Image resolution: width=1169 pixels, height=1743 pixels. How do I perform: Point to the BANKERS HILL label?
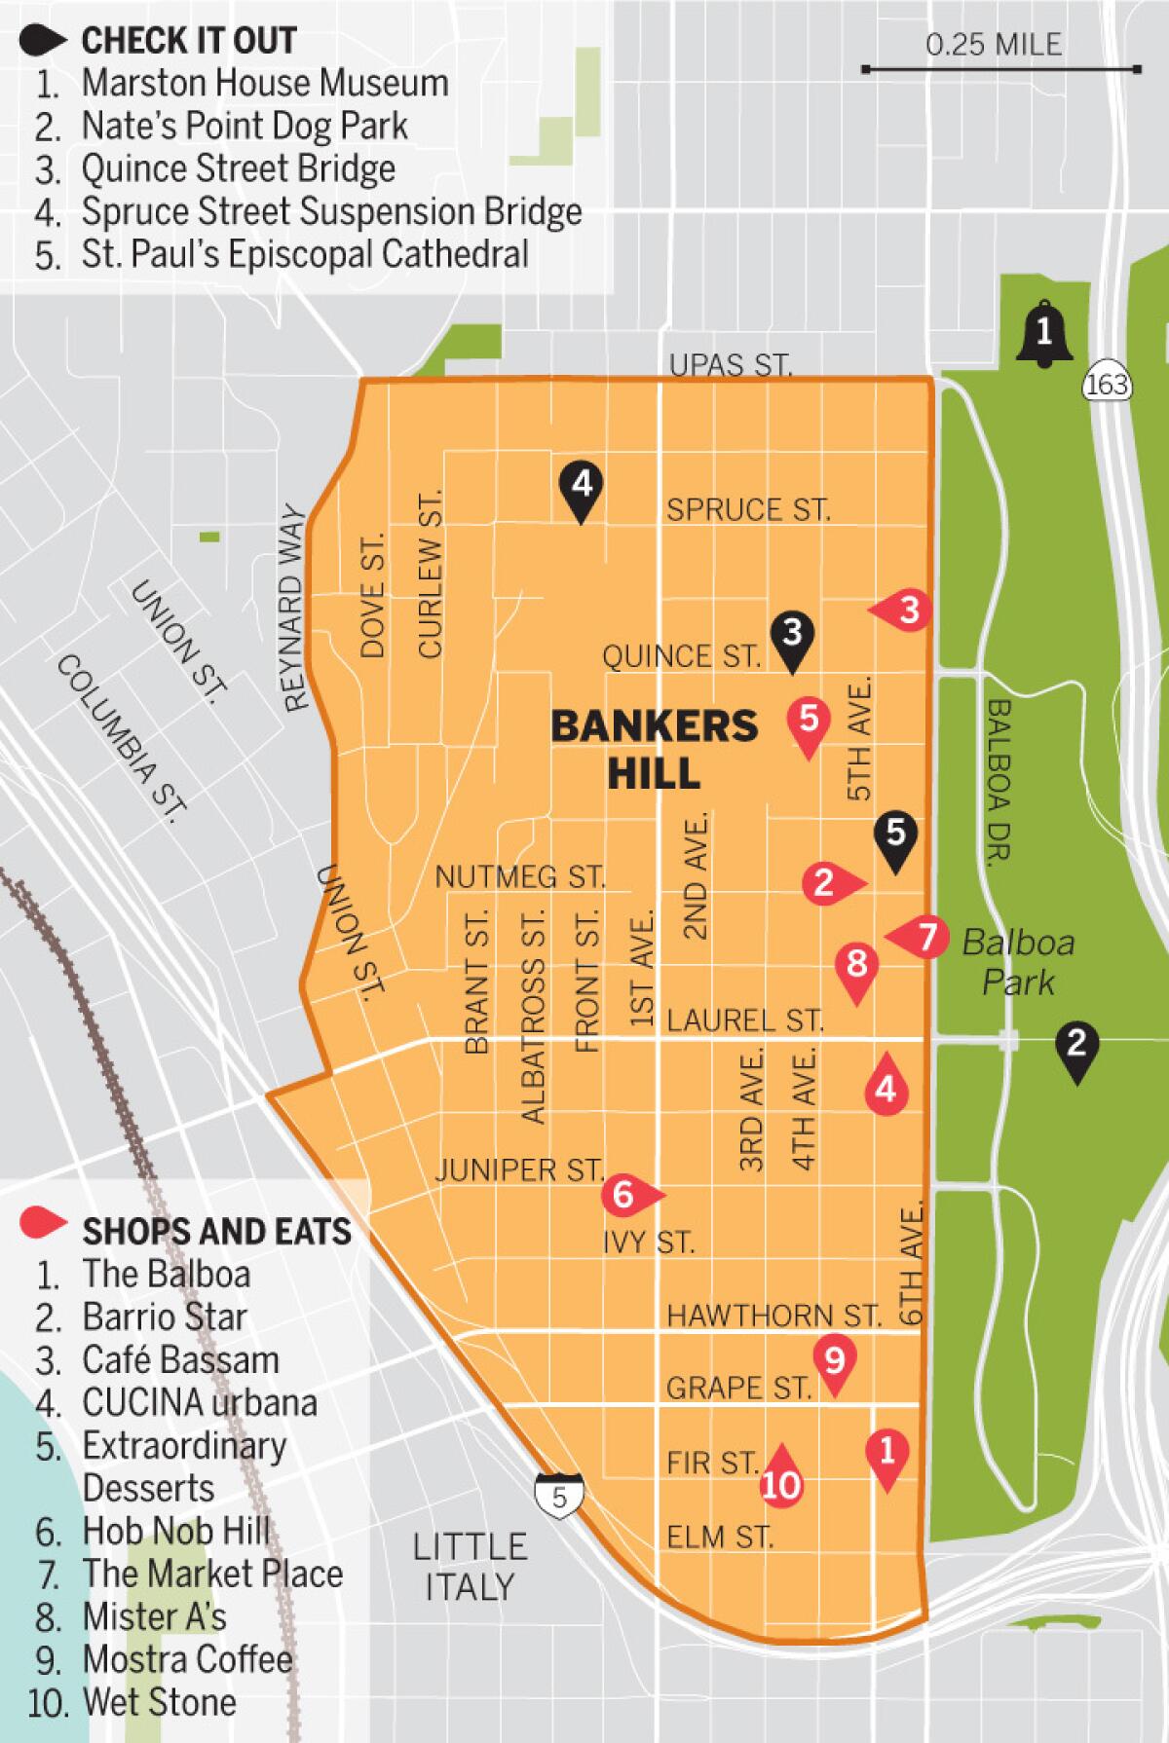[x=654, y=748]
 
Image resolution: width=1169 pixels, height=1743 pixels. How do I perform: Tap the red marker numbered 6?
[x=625, y=1194]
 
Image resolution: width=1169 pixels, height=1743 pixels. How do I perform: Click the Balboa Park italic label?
[x=1018, y=962]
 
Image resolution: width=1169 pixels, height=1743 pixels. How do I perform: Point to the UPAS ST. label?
[x=731, y=364]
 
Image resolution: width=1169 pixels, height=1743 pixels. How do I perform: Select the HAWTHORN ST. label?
[x=773, y=1316]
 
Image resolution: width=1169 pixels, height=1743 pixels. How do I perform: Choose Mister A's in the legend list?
[x=154, y=1616]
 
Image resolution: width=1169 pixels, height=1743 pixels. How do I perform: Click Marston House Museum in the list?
[x=264, y=83]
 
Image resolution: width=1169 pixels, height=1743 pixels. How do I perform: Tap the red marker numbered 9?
[x=835, y=1360]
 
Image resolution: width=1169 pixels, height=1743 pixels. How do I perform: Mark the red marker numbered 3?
[x=906, y=611]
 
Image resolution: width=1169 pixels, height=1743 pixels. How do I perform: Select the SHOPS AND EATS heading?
[x=216, y=1231]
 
